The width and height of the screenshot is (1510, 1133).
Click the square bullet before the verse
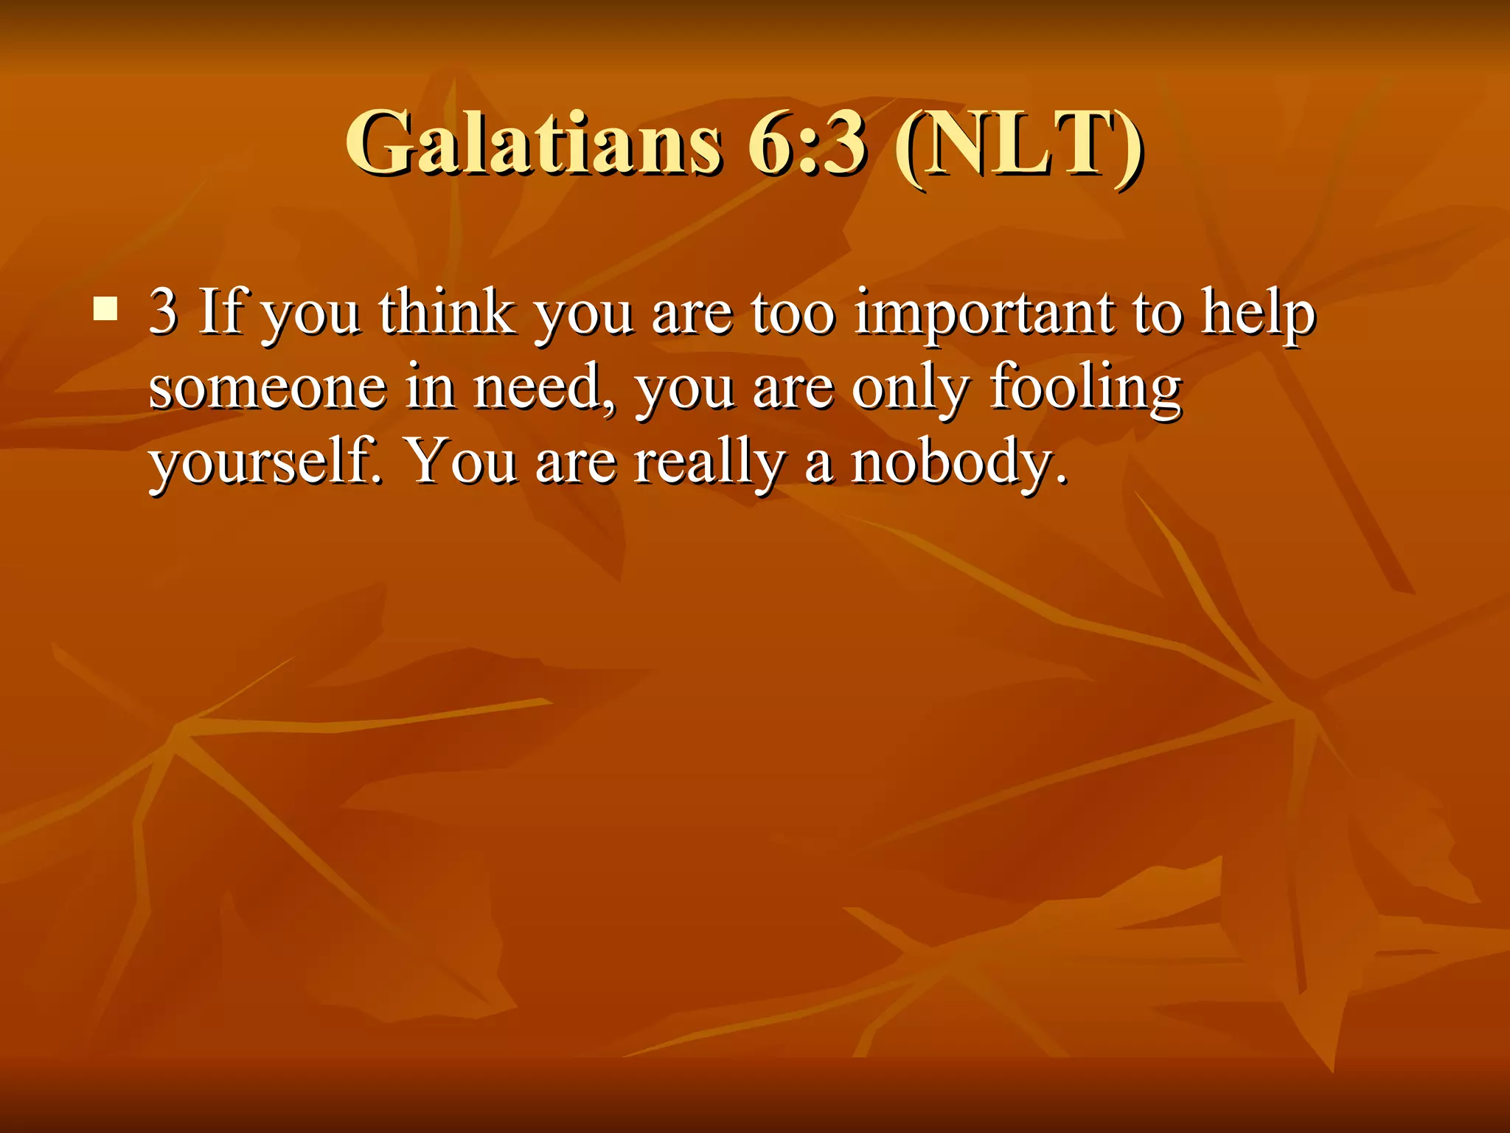pyautogui.click(x=105, y=309)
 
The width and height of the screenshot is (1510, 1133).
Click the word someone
pyautogui.click(x=267, y=388)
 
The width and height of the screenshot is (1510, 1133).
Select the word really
pyautogui.click(x=709, y=463)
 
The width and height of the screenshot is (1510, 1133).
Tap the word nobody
pyautogui.click(x=958, y=463)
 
